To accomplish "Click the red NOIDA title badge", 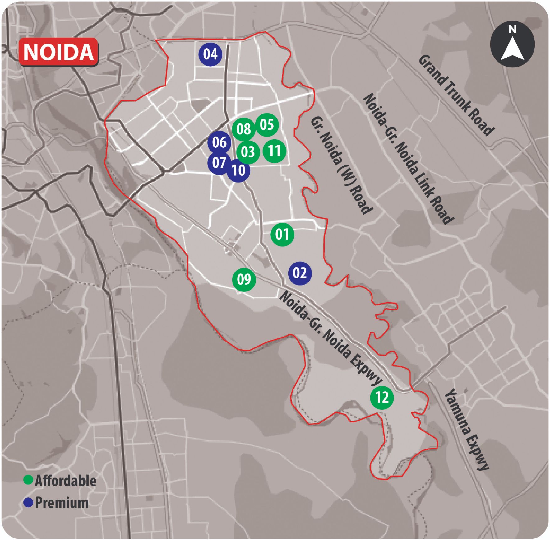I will [58, 52].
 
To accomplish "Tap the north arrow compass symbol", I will [512, 44].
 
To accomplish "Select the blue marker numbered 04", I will [210, 54].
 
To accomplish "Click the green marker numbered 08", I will [243, 129].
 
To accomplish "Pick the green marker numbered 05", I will [267, 125].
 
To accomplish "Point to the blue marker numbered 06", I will [220, 142].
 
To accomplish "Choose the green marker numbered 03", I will [248, 152].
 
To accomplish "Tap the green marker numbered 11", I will [274, 151].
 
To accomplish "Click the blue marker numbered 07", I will [219, 163].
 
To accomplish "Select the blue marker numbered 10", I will [238, 170].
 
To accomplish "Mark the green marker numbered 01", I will [282, 234].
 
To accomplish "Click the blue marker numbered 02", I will [300, 273].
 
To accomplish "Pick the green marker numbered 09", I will [244, 279].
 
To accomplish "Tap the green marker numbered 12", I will [382, 397].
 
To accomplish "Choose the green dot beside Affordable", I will [28, 481].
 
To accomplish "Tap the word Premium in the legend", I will [62, 503].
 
